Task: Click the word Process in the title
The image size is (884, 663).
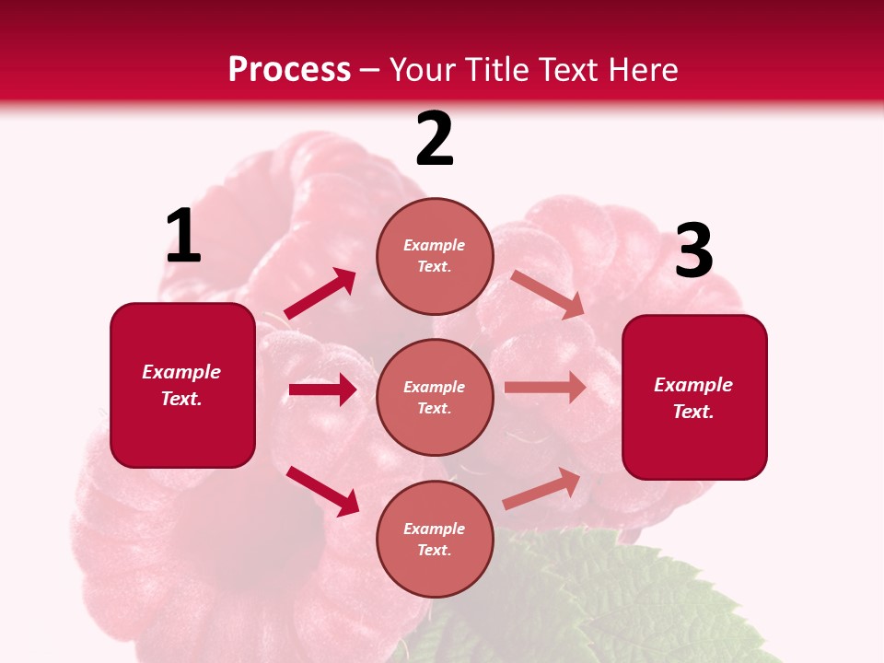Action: click(289, 69)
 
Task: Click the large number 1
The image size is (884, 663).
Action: click(183, 237)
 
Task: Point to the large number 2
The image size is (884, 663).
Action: click(435, 140)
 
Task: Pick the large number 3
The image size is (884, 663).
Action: click(693, 250)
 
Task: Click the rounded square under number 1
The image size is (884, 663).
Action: click(182, 385)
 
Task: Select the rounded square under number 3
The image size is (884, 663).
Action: click(694, 397)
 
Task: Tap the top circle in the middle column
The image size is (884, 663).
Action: click(435, 256)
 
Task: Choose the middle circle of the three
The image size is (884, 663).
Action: click(435, 397)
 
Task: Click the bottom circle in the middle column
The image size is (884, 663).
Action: click(435, 539)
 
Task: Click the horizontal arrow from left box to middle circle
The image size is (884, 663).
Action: click(322, 390)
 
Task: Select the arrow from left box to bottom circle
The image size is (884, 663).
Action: click(322, 491)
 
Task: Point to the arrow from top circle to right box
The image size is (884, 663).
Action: click(547, 295)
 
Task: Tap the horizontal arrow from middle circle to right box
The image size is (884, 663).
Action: click(545, 388)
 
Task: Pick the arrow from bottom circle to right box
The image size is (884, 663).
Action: click(541, 489)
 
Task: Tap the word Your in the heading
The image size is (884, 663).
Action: click(423, 69)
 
